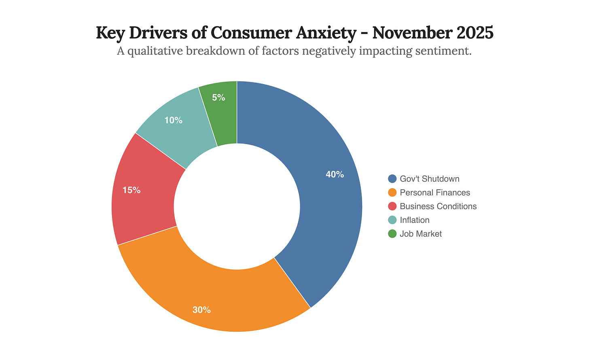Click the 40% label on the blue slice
click(335, 174)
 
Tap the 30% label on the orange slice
click(201, 310)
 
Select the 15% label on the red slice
click(131, 190)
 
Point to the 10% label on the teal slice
click(173, 120)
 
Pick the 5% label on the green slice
click(218, 97)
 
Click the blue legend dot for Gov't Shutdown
click(392, 179)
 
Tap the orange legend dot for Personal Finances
click(392, 193)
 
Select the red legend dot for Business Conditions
click(392, 206)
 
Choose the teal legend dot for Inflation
click(392, 220)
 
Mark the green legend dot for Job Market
click(392, 234)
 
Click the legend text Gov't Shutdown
click(429, 179)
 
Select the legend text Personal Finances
click(435, 193)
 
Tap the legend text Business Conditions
click(438, 206)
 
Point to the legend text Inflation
click(414, 220)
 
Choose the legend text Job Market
click(421, 234)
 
